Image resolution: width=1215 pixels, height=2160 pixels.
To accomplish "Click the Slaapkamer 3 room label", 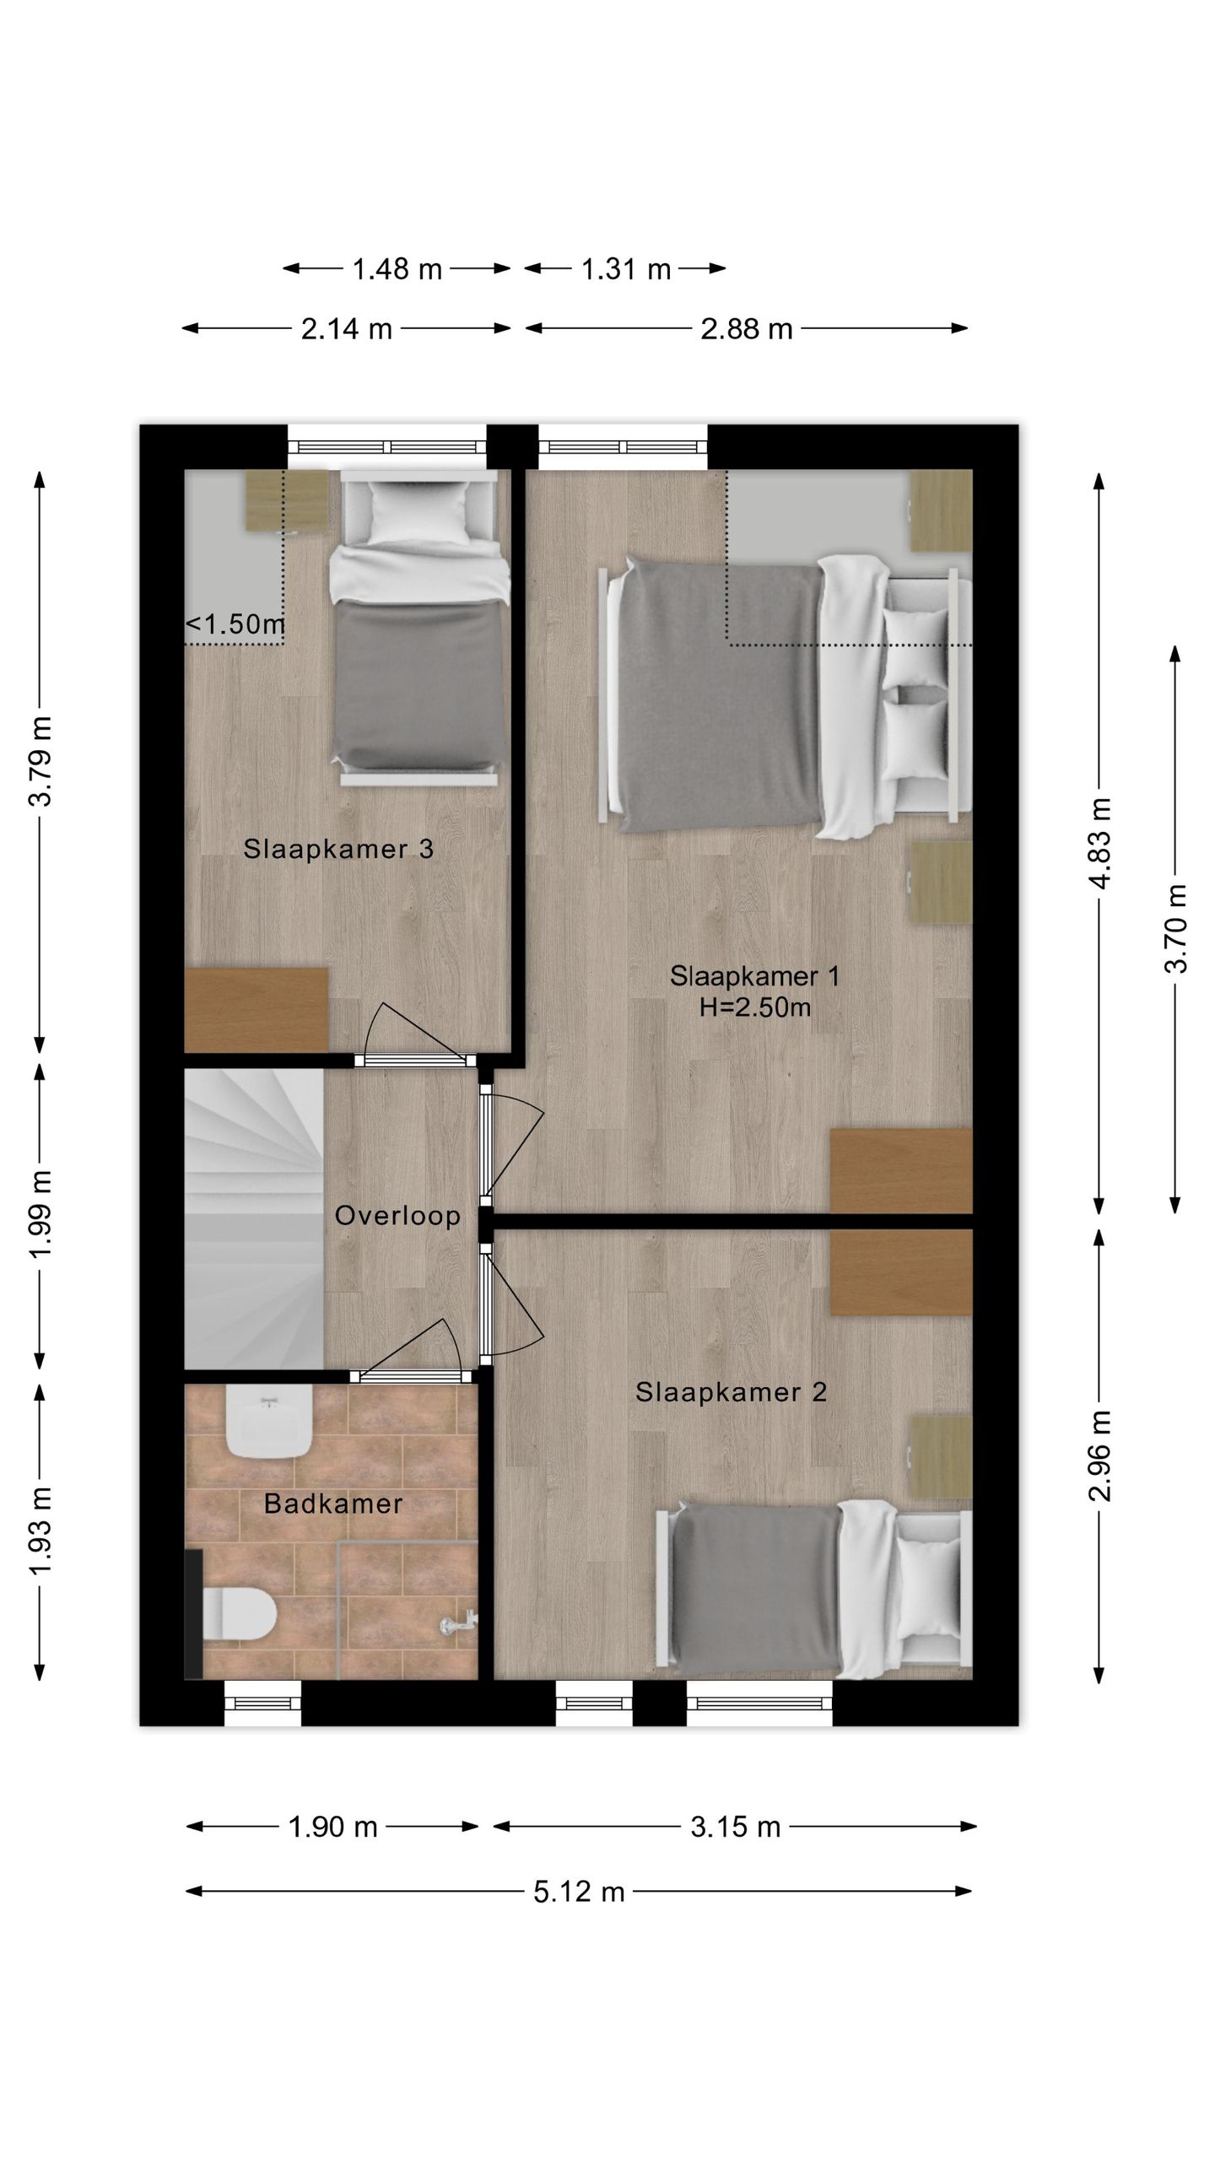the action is coord(338,849).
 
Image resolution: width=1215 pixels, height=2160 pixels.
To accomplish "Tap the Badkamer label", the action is coord(333,1504).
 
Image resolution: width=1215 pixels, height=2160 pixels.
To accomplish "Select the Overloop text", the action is coord(397,1216).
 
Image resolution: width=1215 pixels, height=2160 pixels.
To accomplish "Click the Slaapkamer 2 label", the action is coord(731,1392).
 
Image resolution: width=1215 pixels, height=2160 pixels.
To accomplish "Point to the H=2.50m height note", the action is coord(754,1007).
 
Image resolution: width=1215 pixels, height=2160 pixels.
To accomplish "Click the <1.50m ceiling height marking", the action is coord(235,624).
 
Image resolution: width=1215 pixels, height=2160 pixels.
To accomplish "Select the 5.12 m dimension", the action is coord(579,1893).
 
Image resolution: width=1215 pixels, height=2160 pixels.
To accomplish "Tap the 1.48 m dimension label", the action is coord(397,269).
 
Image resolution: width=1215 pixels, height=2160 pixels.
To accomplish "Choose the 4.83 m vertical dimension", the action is coord(1099,842).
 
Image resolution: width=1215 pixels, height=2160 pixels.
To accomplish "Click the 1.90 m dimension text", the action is coord(332,1827).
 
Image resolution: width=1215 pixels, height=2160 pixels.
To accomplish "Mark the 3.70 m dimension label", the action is coord(1175,928).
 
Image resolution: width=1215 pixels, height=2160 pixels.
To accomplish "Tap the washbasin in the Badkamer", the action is coord(270,1423).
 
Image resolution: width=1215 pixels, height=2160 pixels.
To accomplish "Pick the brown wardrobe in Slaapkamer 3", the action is coord(256,1010).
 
